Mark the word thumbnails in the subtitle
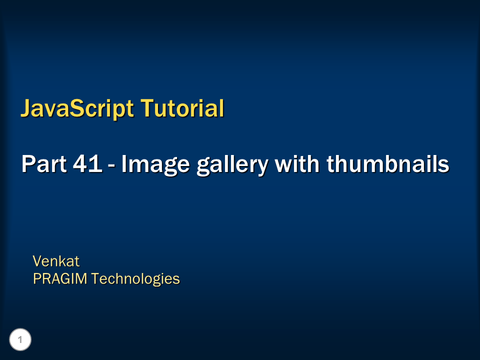coord(388,164)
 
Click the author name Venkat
coord(56,261)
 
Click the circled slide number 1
coord(20,340)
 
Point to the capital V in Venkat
coord(37,261)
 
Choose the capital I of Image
coord(124,164)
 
